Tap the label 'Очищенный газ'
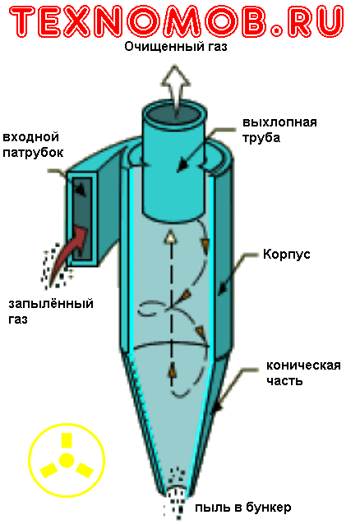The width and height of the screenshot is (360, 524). (x=176, y=47)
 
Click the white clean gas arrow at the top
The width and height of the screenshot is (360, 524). (x=176, y=89)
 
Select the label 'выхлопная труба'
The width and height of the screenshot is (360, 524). (x=279, y=130)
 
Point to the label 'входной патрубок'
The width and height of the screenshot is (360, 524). (x=33, y=145)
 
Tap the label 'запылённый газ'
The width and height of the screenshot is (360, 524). (x=51, y=311)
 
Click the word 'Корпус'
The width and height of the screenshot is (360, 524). (x=286, y=255)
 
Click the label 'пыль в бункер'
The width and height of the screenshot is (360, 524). (x=243, y=508)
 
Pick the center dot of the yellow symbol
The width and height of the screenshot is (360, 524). (x=67, y=461)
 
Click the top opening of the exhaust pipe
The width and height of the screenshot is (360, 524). (x=175, y=113)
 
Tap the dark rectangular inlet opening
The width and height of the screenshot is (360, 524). (x=82, y=219)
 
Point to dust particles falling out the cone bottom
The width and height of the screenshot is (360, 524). (x=176, y=491)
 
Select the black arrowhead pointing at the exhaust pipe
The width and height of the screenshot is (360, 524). (x=182, y=166)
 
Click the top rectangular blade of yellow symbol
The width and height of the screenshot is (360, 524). (x=67, y=440)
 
